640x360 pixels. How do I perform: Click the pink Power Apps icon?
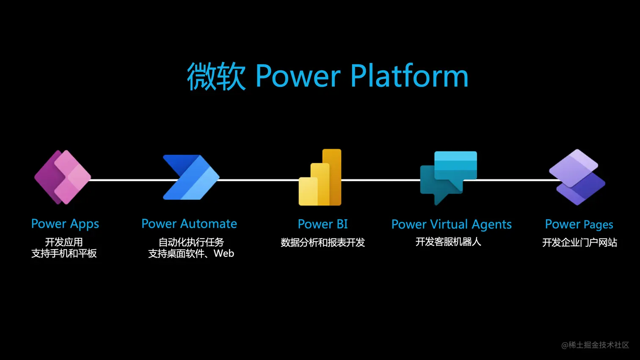click(x=63, y=177)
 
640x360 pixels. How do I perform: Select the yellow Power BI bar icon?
click(x=320, y=178)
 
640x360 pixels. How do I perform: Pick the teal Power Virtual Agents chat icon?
click(x=448, y=177)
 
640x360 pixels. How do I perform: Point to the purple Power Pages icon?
click(x=577, y=177)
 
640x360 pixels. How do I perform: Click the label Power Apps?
click(x=65, y=224)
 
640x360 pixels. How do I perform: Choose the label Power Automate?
click(x=189, y=224)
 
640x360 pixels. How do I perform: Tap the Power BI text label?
click(x=323, y=224)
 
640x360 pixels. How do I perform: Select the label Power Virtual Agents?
click(x=451, y=224)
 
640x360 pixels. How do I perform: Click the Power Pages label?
click(x=579, y=224)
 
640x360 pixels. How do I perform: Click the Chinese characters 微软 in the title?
click(x=216, y=76)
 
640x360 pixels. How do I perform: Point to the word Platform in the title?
click(x=409, y=76)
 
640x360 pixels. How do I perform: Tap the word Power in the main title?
click(x=298, y=76)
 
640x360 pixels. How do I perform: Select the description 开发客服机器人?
click(x=448, y=242)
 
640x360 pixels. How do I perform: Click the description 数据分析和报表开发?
click(x=323, y=243)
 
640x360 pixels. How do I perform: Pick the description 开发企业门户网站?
click(x=579, y=243)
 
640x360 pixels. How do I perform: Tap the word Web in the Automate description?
click(x=224, y=253)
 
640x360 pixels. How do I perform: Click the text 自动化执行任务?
click(x=191, y=242)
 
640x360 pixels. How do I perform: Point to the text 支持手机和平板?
click(x=64, y=253)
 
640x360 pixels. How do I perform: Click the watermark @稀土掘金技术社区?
click(x=595, y=345)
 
